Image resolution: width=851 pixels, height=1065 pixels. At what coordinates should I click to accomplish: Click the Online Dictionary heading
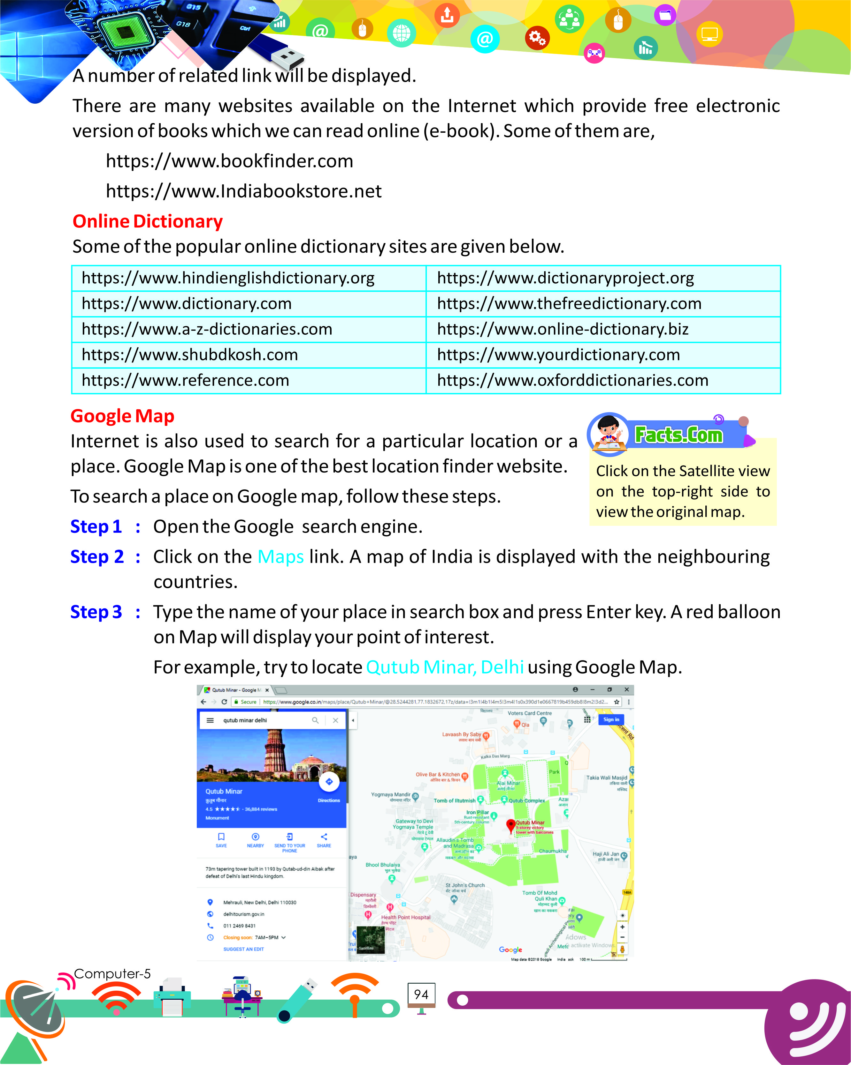(x=147, y=221)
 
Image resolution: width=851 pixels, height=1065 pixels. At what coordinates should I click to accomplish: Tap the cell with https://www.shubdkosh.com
(x=189, y=355)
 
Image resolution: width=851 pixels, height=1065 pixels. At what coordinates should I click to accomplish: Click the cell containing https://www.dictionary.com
(x=187, y=303)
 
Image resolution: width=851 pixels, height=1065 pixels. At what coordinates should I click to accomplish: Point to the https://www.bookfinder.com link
(x=229, y=161)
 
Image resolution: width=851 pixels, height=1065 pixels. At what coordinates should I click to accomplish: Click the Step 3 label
(x=96, y=612)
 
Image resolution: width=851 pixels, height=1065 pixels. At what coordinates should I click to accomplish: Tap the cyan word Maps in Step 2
(x=280, y=557)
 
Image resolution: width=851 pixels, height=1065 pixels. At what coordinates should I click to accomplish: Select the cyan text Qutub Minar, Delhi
(x=445, y=667)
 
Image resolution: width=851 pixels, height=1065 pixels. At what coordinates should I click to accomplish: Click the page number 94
(x=421, y=994)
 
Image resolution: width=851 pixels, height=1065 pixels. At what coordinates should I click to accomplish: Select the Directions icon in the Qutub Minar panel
(x=329, y=782)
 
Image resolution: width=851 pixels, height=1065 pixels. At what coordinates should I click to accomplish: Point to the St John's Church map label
(x=465, y=885)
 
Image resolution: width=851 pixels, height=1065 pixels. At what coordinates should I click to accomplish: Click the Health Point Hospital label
(x=405, y=917)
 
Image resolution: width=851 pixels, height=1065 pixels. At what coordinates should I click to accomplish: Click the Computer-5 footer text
(x=112, y=974)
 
